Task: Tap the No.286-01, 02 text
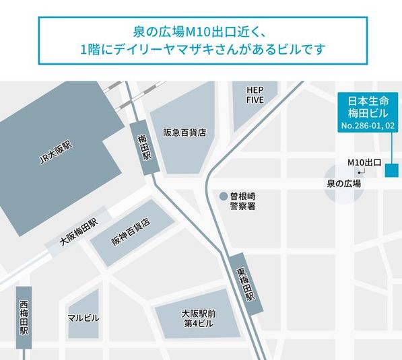367,127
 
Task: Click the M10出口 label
364,162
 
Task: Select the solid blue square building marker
391,170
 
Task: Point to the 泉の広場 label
343,183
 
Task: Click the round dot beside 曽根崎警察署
223,196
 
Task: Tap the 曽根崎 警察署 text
243,201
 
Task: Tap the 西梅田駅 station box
24,317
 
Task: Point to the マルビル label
83,317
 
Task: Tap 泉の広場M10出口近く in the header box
181,32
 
